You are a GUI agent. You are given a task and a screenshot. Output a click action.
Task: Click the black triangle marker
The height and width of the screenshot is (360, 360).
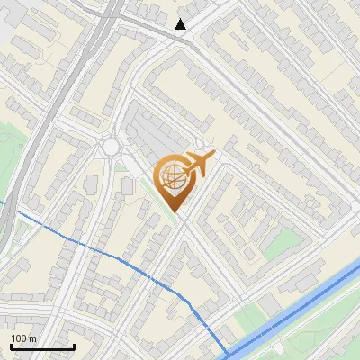(182, 24)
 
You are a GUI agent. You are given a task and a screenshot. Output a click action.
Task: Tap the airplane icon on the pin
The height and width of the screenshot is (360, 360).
(198, 163)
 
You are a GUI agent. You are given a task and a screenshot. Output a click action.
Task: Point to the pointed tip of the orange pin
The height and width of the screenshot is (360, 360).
(174, 212)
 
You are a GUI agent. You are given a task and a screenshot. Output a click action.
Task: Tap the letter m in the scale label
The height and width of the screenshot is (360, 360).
(33, 338)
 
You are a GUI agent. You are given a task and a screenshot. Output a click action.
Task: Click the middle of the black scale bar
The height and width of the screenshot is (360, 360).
(42, 347)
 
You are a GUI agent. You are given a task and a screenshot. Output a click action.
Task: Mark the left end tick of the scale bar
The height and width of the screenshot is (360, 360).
(11, 346)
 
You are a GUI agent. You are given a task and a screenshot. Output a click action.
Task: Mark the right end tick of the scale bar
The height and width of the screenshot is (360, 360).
(74, 346)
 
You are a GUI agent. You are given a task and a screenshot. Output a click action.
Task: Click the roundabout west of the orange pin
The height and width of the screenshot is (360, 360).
(112, 146)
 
